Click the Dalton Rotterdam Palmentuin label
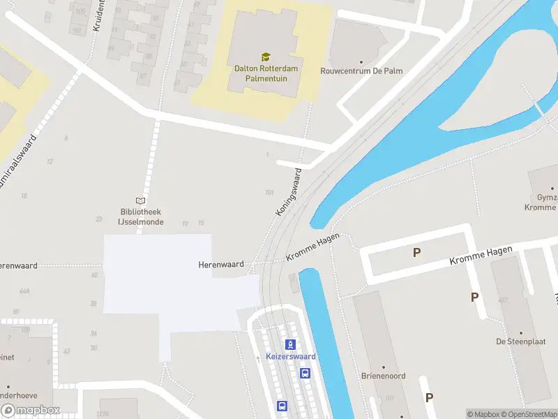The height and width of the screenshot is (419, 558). [x=265, y=74]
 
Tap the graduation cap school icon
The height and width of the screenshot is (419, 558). [x=265, y=57]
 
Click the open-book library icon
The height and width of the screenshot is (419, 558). [x=141, y=200]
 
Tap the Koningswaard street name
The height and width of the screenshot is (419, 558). [x=288, y=191]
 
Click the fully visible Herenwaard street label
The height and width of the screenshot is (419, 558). [x=221, y=265]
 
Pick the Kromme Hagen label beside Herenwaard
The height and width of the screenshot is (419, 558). [x=312, y=249]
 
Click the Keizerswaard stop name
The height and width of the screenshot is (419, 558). [x=291, y=357]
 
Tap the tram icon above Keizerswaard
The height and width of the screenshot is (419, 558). [x=291, y=344]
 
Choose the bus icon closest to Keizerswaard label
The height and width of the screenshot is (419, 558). [x=305, y=373]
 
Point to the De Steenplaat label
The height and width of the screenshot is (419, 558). [x=520, y=341]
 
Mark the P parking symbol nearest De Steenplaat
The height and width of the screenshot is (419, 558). [x=474, y=297]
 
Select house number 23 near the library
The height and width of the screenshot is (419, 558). [x=99, y=219]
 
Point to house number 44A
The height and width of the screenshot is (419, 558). [x=25, y=291]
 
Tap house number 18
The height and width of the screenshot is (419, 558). [x=24, y=196]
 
